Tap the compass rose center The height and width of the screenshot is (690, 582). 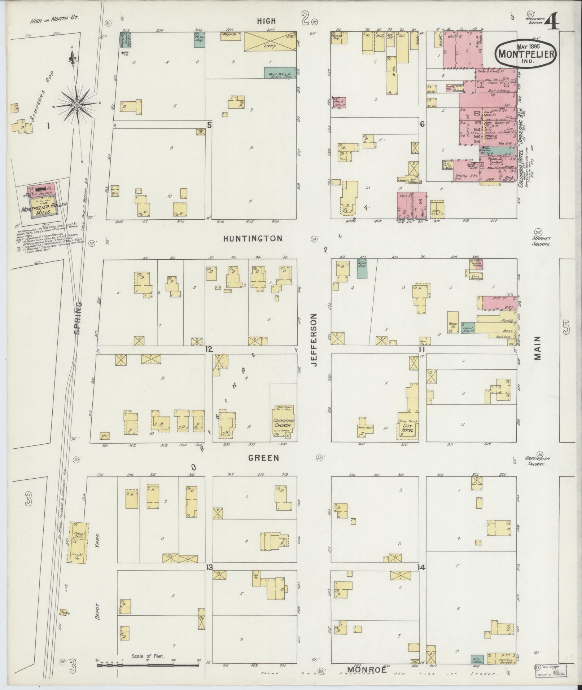coord(76,104)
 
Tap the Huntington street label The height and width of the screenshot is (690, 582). coord(252,238)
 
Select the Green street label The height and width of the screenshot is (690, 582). coord(263,458)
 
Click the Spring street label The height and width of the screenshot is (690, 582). coord(78,318)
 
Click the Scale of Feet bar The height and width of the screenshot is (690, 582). coord(148,664)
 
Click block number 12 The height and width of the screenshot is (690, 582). coord(209,349)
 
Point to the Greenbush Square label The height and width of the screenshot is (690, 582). coord(537,462)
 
